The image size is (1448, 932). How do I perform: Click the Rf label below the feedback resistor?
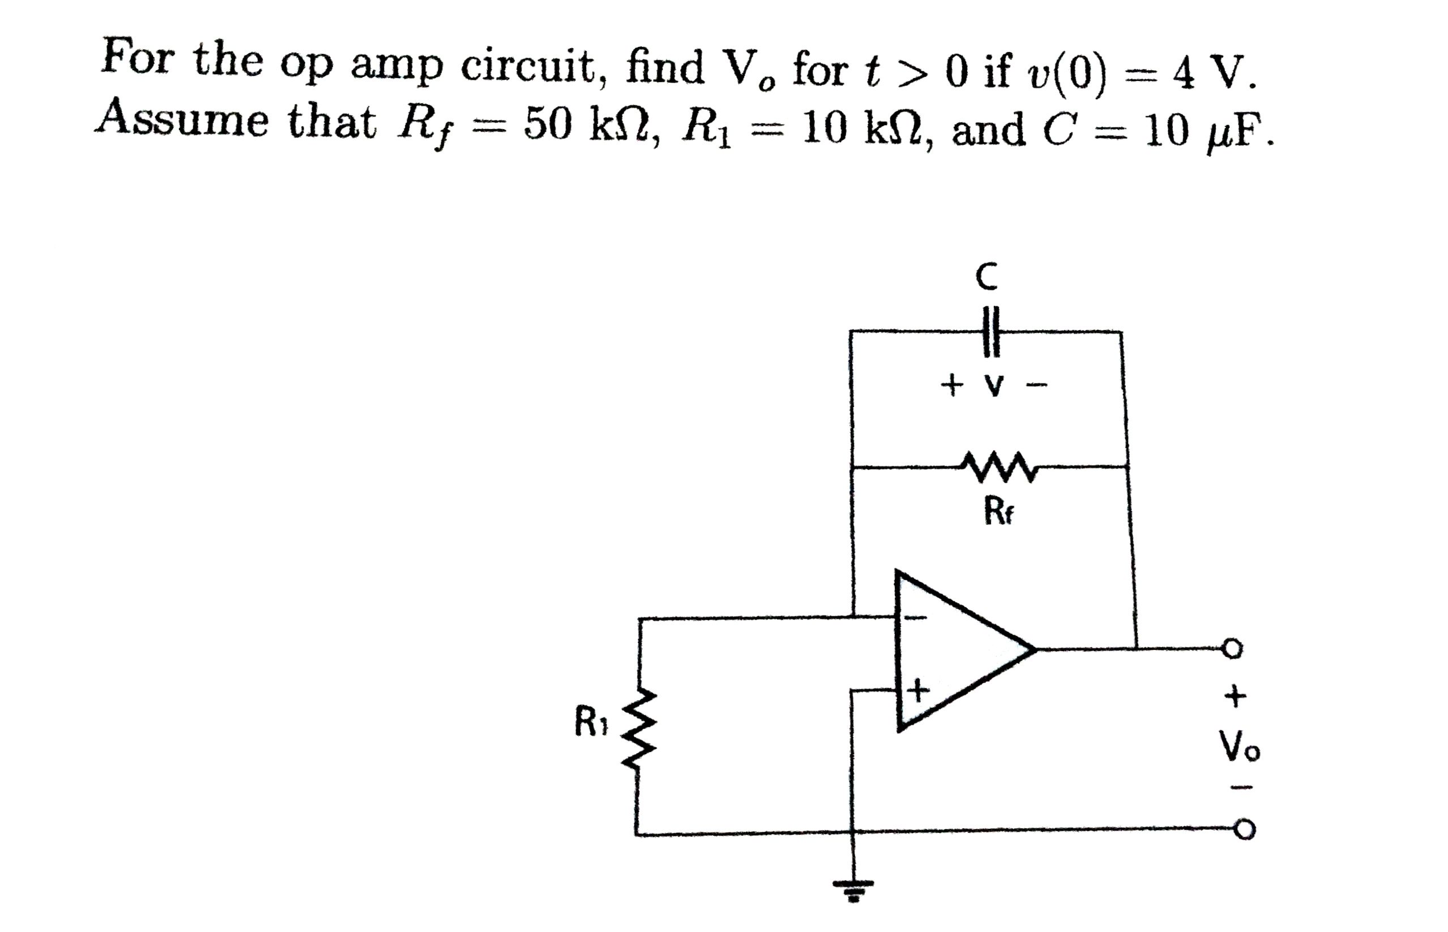998,512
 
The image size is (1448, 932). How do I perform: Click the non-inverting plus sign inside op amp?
917,689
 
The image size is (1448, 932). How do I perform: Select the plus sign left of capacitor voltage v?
951,383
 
